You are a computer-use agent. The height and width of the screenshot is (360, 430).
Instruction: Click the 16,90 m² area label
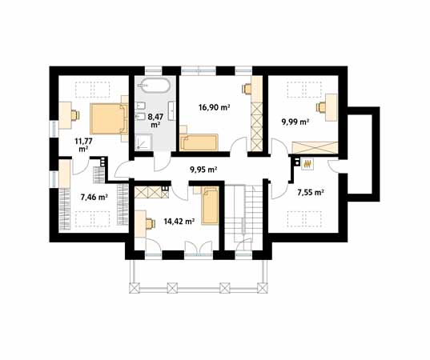pos(214,107)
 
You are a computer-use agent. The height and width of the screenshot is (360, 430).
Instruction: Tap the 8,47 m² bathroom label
pos(155,121)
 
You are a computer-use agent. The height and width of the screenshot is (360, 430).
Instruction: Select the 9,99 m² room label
pos(295,122)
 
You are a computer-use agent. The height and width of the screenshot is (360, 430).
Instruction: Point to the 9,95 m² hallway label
pos(203,170)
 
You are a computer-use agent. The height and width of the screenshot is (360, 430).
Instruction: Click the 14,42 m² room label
pos(179,221)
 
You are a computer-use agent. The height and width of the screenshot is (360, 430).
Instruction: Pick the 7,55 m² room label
pos(311,193)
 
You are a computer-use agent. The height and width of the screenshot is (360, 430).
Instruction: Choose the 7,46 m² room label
pos(94,197)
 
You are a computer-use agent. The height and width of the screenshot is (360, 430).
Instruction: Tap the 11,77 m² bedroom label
pos(83,145)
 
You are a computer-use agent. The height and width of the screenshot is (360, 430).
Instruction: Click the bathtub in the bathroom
pos(154,86)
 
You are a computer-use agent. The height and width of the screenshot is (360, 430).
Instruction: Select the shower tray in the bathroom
pos(143,142)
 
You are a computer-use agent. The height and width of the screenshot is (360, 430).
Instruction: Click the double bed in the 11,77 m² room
pos(109,118)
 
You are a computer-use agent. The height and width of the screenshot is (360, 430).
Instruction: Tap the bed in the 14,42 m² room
pos(210,206)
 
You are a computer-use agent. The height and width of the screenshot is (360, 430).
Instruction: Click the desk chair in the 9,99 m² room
pos(321,107)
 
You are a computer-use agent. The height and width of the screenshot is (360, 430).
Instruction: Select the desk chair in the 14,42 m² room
pos(150,223)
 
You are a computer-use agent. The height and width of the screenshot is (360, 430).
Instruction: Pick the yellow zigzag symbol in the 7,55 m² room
pos(307,164)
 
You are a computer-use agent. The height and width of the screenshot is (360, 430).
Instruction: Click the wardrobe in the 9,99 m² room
pos(315,147)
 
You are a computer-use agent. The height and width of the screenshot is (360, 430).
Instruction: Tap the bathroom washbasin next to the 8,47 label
pos(172,110)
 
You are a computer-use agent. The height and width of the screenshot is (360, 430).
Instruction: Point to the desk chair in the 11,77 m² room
pos(74,114)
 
